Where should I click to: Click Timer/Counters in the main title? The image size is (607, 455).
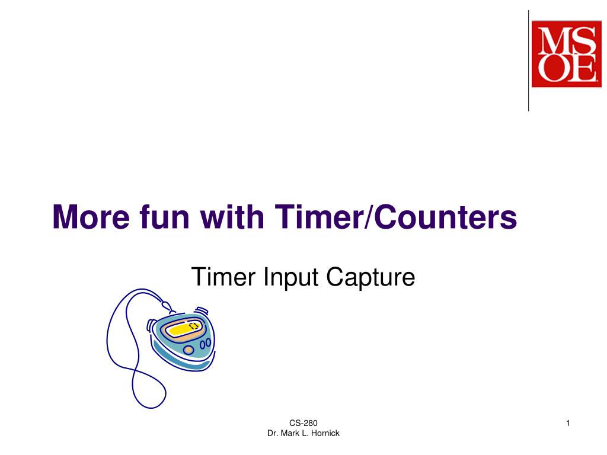pos(395,217)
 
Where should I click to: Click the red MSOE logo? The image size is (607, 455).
pos(566,54)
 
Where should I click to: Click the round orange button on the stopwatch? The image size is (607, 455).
pos(189,350)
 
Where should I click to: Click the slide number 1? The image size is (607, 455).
pos(568,422)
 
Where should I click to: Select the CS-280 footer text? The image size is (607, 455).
pos(303,423)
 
